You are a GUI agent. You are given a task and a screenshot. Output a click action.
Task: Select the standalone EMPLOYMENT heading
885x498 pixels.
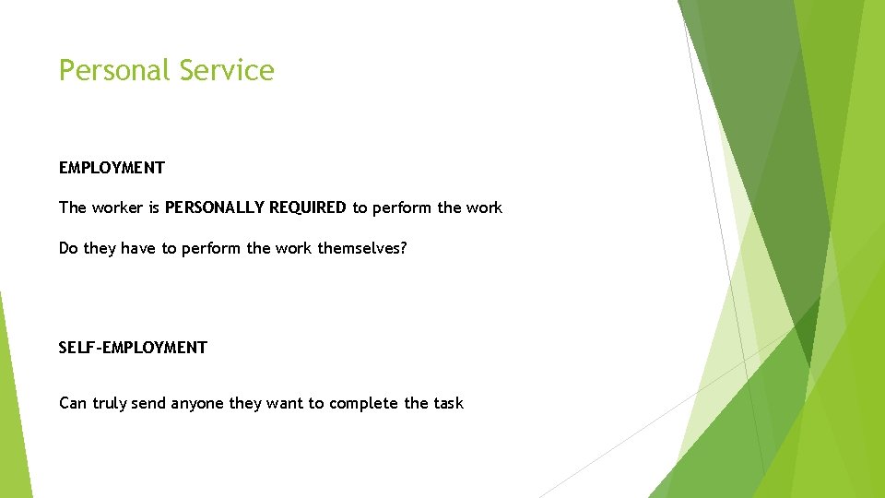(x=112, y=168)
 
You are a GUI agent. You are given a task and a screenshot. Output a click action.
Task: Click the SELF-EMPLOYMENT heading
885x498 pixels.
(x=133, y=348)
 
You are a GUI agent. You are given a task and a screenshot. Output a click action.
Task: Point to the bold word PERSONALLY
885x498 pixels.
(x=215, y=207)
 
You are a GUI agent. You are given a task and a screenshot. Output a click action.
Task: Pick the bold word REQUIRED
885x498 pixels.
(x=308, y=207)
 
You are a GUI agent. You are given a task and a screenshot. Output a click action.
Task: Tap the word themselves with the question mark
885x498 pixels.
(x=362, y=249)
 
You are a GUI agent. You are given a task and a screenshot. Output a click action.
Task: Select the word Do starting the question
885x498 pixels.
(x=69, y=249)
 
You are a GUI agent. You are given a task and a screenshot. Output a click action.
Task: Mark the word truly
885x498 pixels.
(x=110, y=403)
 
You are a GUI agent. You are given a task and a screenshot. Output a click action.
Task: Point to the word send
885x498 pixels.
(x=149, y=403)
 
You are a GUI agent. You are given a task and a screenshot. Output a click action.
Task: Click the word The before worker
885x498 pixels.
(x=73, y=207)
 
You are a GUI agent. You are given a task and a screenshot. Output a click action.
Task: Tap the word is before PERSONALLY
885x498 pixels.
(x=154, y=207)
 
